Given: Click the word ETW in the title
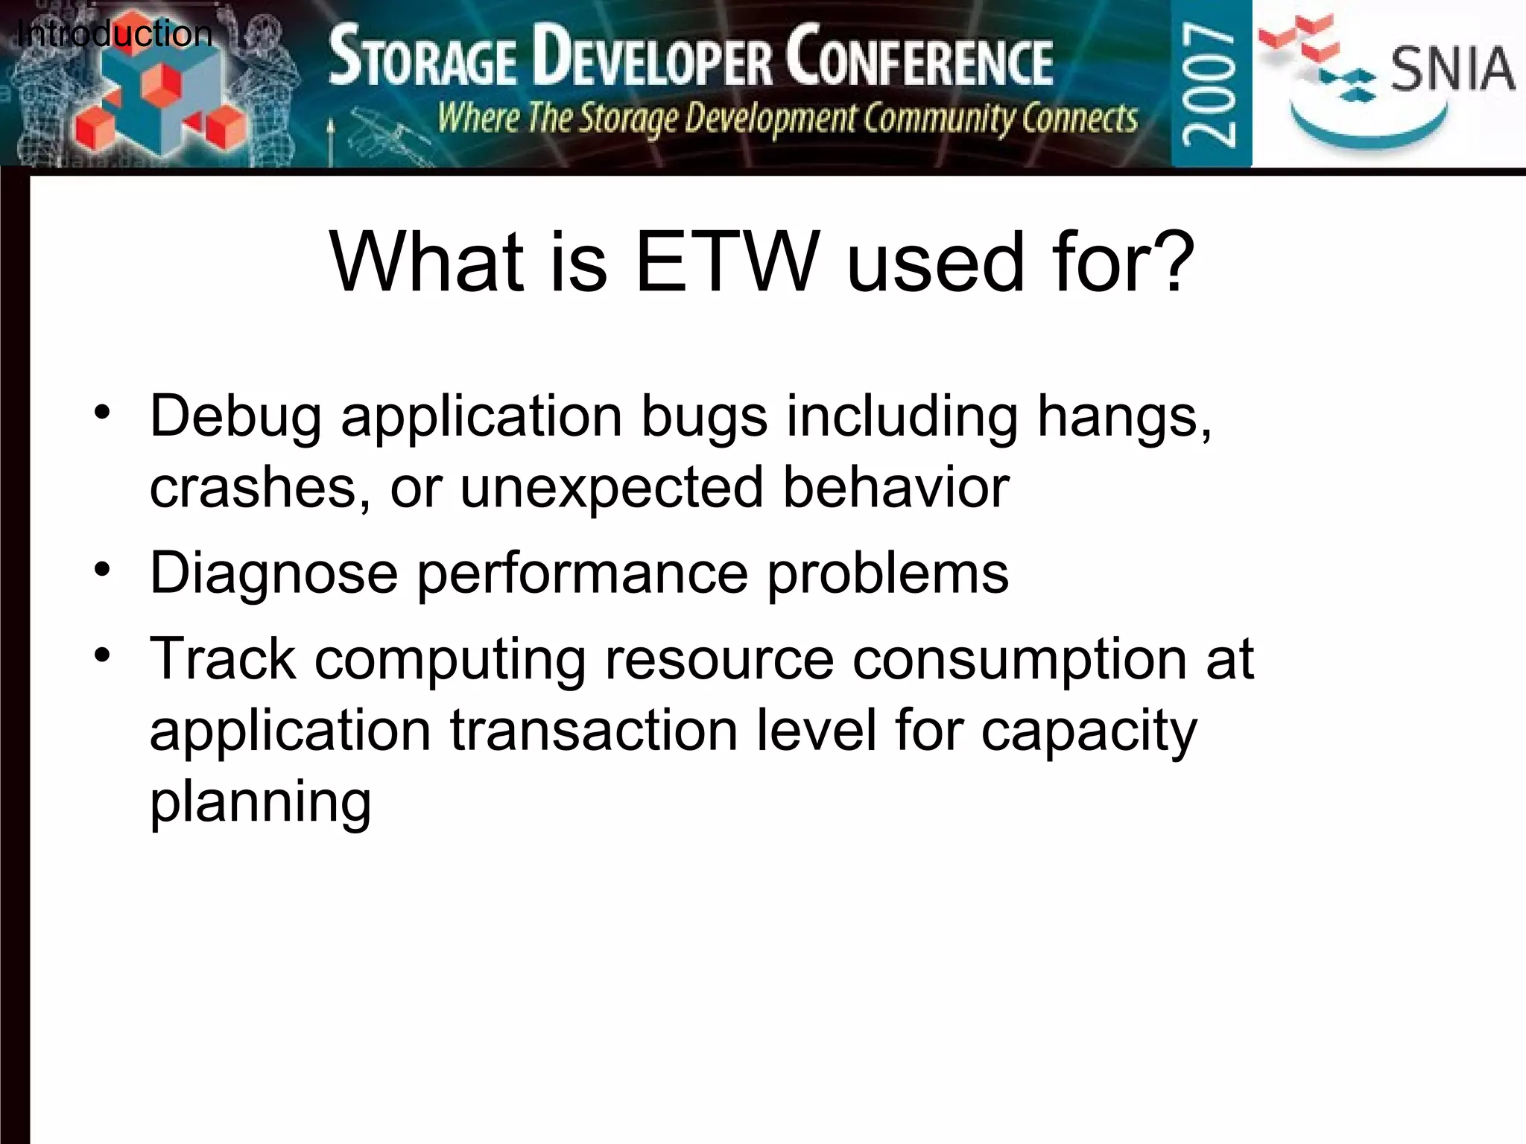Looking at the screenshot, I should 727,262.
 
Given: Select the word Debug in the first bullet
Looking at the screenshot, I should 236,417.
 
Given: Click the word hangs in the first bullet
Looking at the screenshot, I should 1124,417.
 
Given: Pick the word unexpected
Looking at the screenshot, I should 612,488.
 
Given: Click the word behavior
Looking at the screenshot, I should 896,488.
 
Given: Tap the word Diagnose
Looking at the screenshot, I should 273,573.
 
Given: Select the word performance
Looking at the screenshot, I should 582,573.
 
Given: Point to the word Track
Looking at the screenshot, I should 223,659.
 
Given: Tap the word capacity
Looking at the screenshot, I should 1089,731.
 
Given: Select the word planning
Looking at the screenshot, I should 260,803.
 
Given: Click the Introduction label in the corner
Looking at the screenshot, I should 114,34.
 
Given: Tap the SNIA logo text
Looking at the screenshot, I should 1451,69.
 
